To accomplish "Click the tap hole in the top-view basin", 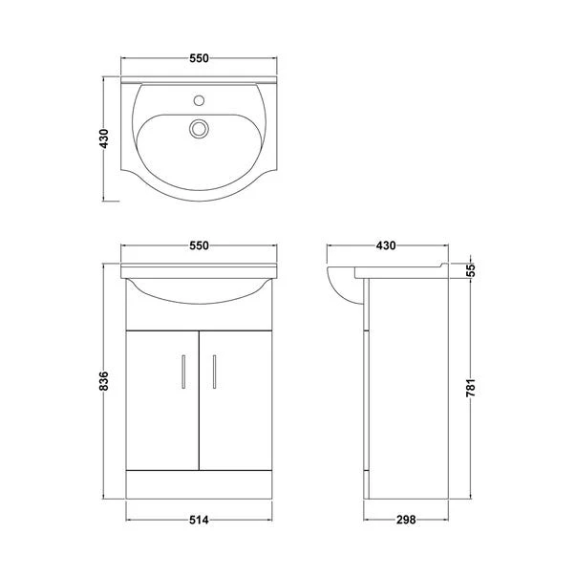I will pyautogui.click(x=200, y=97).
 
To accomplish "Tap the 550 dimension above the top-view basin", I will pyautogui.click(x=199, y=58).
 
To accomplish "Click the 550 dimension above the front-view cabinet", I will pyautogui.click(x=199, y=245).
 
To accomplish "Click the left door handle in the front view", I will pyautogui.click(x=182, y=370).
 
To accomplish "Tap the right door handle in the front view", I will pyautogui.click(x=215, y=370).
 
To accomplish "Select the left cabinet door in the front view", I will pyautogui.click(x=162, y=396).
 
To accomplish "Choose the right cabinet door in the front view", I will pyautogui.click(x=235, y=396).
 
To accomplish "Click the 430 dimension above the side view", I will pyautogui.click(x=385, y=245).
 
